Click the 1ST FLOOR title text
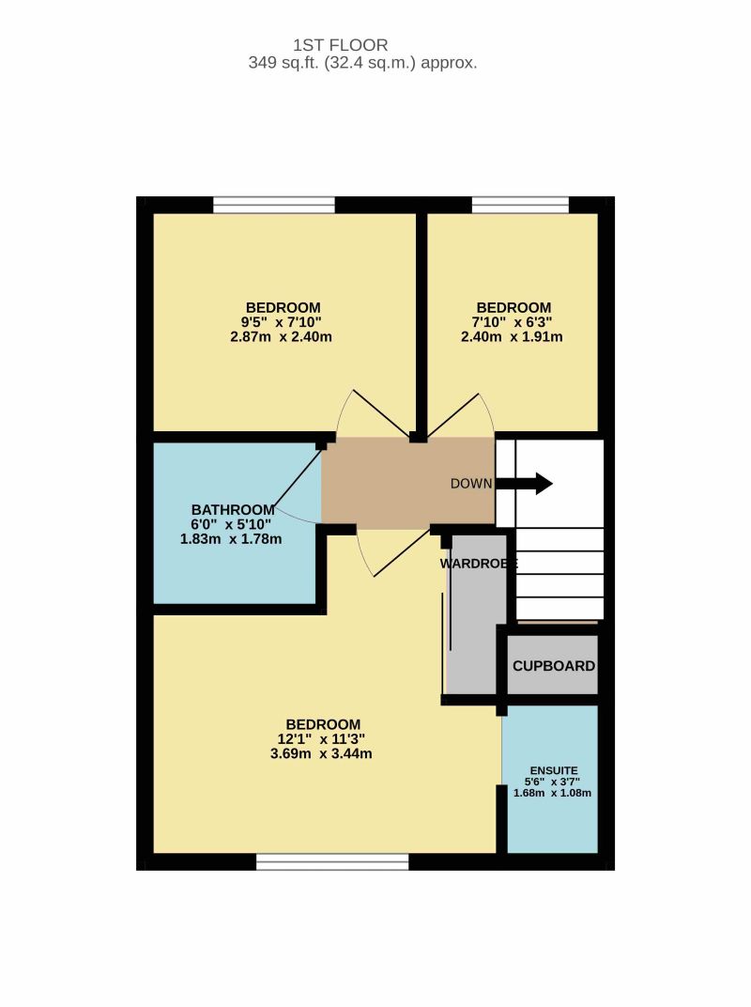pos(340,45)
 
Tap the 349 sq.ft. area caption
pos(362,63)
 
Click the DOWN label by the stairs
pos(471,484)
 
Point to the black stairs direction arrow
pos(524,484)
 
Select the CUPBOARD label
pos(554,666)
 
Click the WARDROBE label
pos(479,564)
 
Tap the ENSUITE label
pos(553,770)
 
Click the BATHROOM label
pos(233,510)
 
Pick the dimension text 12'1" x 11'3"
pos(322,739)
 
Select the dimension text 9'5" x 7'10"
pos(281,322)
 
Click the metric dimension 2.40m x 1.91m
pos(512,337)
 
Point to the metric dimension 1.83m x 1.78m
pos(230,539)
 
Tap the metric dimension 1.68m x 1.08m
pos(553,793)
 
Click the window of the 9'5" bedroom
pos(274,205)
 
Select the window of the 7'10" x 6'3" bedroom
pos(521,205)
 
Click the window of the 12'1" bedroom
pos(332,861)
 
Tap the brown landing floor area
pos(408,482)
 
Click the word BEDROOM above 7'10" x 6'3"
pos(513,307)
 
